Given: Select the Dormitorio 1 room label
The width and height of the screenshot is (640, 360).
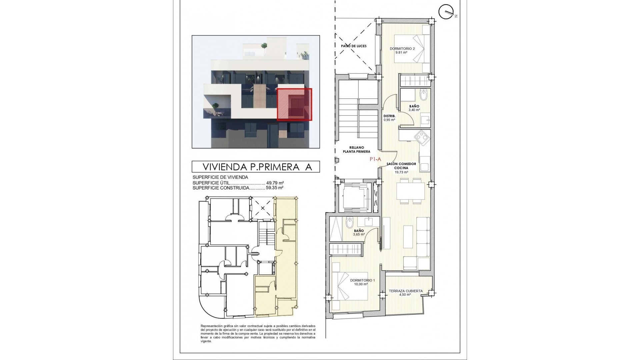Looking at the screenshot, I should coord(362,280).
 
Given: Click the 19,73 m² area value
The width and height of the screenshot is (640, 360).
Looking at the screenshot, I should coord(401,173).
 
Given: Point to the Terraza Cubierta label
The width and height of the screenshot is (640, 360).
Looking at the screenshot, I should coord(406,291).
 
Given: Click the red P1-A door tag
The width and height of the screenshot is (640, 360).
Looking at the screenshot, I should coord(375,160).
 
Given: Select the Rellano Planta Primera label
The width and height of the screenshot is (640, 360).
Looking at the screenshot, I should coord(357,149).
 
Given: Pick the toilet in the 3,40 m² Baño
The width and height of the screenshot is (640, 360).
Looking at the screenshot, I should coord(424,96).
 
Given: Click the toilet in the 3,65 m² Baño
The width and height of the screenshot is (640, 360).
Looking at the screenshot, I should coord(349,222).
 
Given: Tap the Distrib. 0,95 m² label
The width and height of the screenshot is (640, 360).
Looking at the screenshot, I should coord(389,118).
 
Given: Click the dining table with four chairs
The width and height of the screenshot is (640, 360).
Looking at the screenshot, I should coord(410,191).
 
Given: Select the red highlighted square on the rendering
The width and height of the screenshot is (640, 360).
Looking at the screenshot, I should coord(294,104).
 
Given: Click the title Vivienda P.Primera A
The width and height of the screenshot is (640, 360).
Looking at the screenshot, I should coord(256,167).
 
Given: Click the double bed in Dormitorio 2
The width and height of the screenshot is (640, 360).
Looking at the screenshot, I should coord(412,49).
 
